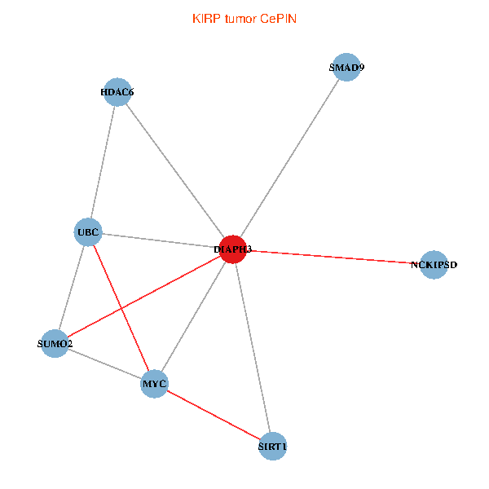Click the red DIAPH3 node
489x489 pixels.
pyautogui.click(x=233, y=249)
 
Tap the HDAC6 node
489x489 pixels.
pyautogui.click(x=117, y=92)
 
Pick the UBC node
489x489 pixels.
pyautogui.click(x=87, y=232)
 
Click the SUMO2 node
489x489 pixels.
pyautogui.click(x=55, y=344)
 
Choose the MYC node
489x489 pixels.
pyautogui.click(x=154, y=383)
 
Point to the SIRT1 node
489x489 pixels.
pyautogui.click(x=273, y=447)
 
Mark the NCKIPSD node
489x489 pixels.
pyautogui.click(x=434, y=265)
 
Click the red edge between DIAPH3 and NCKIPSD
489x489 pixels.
pyautogui.click(x=334, y=257)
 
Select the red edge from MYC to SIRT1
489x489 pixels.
pyautogui.click(x=214, y=415)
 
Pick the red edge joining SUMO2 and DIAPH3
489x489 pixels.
pyautogui.click(x=143, y=297)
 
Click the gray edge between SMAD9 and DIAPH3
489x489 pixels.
pyautogui.click(x=289, y=159)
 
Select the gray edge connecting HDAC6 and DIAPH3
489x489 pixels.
pyautogui.click(x=175, y=170)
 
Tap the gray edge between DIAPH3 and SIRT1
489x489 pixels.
pyautogui.click(x=253, y=348)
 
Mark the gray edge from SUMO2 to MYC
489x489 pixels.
pyautogui.click(x=104, y=363)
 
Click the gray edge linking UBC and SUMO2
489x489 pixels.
pyautogui.click(x=71, y=288)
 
